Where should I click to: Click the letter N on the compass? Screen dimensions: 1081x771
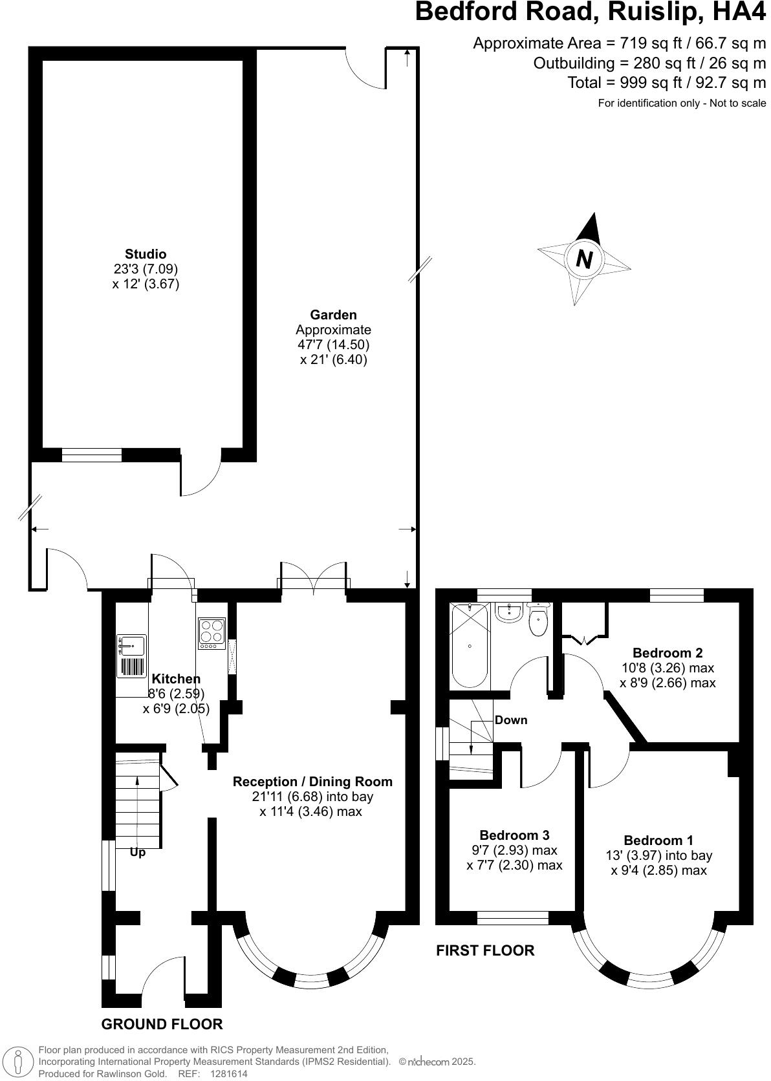click(x=584, y=259)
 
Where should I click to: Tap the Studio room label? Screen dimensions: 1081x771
click(x=146, y=254)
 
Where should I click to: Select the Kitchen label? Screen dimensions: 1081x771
click(x=176, y=679)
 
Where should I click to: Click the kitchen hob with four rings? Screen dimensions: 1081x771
click(x=211, y=634)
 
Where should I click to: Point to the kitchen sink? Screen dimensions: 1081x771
click(x=132, y=646)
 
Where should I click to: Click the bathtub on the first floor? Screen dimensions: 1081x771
click(x=470, y=645)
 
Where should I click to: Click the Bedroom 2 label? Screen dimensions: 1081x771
click(x=668, y=653)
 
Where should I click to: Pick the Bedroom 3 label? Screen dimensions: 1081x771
click(x=514, y=835)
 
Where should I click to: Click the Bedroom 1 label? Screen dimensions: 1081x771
click(x=658, y=840)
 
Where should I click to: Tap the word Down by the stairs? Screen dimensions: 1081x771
click(x=511, y=720)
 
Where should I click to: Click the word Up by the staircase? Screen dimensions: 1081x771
click(x=138, y=852)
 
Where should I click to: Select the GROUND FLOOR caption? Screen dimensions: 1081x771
click(x=162, y=1024)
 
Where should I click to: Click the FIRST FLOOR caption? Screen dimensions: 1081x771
click(x=485, y=950)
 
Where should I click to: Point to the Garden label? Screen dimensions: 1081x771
click(x=333, y=315)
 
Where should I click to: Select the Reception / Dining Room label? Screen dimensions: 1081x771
click(x=312, y=782)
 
